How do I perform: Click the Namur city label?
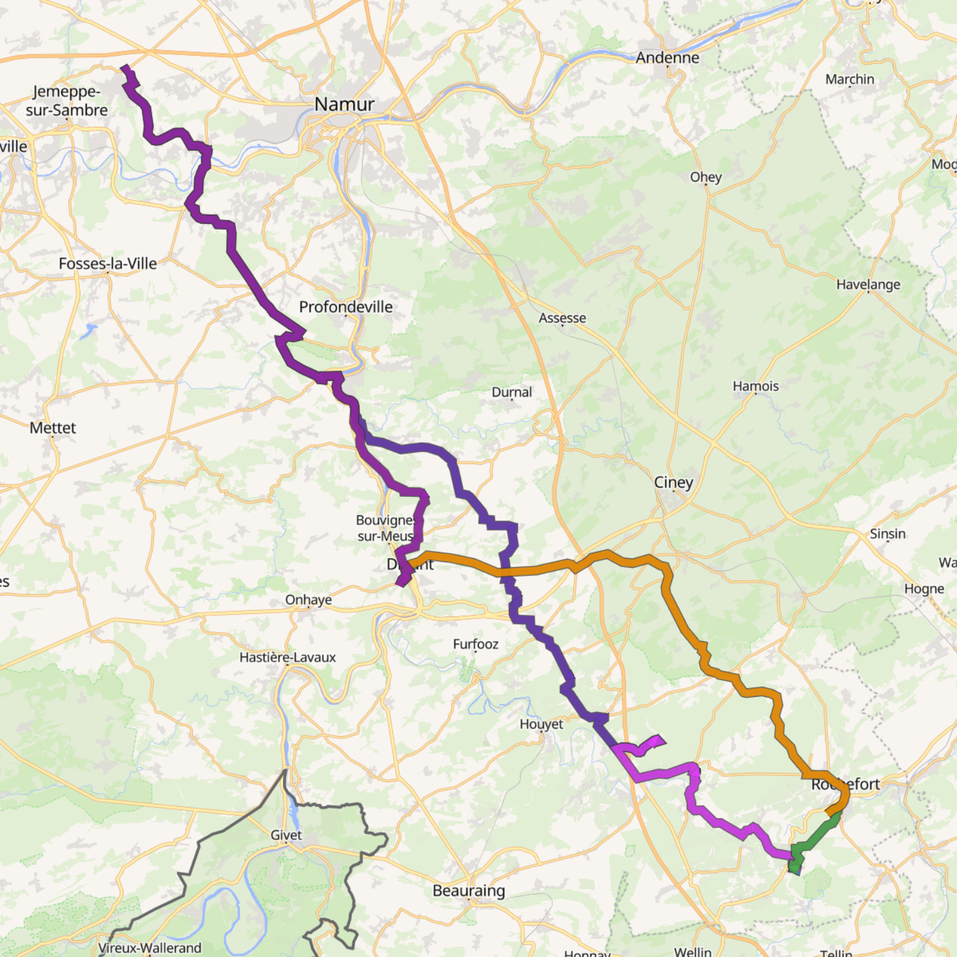click(344, 104)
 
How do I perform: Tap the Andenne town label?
click(667, 58)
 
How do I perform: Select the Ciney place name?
click(673, 482)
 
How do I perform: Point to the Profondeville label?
click(346, 307)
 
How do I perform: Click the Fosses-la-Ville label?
click(108, 263)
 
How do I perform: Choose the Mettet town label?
click(53, 428)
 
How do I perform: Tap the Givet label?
click(286, 835)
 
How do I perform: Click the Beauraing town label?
click(468, 891)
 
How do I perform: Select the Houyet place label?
click(541, 724)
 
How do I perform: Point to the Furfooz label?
click(475, 644)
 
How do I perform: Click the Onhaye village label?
click(308, 599)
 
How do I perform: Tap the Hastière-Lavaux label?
click(287, 657)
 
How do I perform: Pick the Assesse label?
click(562, 318)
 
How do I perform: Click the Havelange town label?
click(868, 284)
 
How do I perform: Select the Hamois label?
click(756, 386)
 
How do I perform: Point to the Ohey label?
click(706, 177)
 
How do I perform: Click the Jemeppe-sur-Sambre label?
click(66, 101)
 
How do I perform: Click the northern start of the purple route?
click(125, 68)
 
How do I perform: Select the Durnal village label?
click(511, 392)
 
